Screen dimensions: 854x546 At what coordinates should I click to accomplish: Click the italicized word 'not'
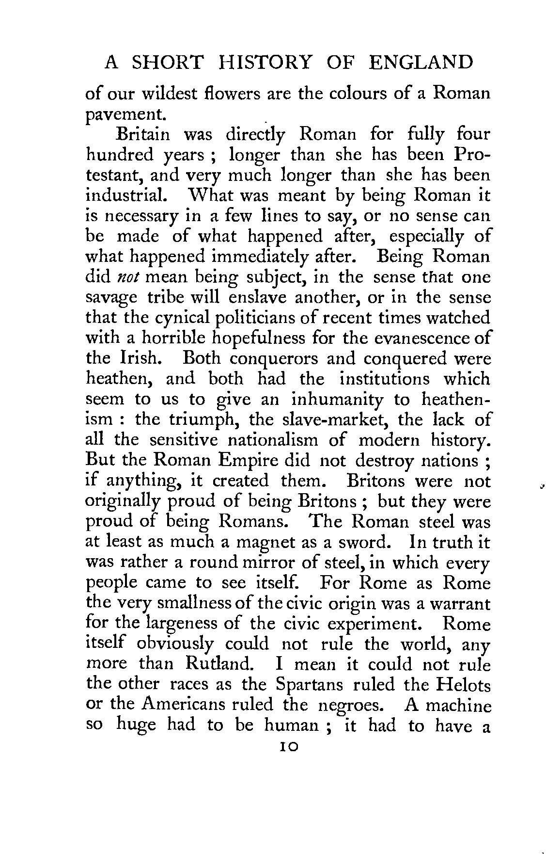[x=128, y=278]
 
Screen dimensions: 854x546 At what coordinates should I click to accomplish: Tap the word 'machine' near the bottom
[x=457, y=705]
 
